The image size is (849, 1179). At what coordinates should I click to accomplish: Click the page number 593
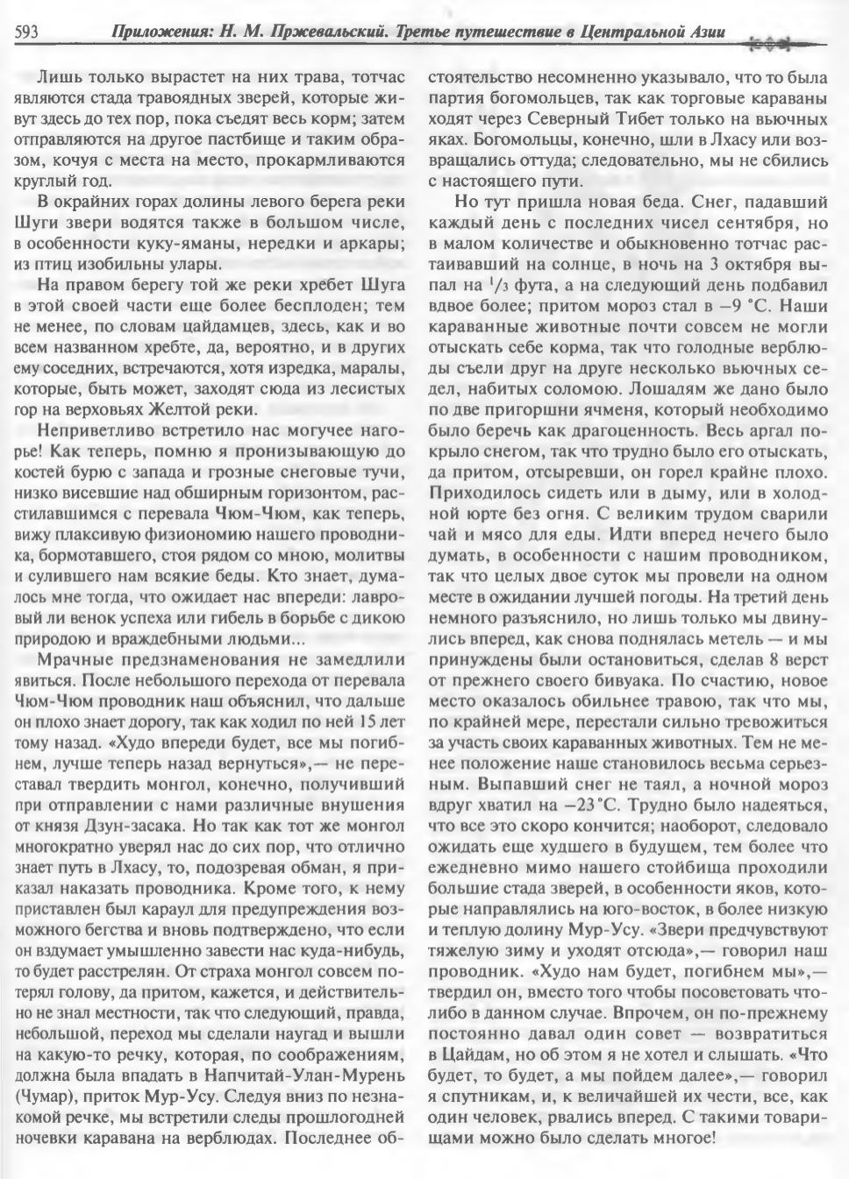point(25,32)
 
